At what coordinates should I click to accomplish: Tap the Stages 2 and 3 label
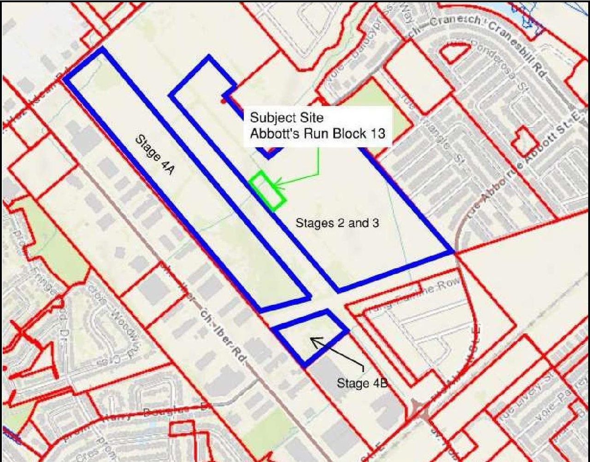(337, 223)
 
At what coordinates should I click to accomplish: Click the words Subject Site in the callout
(287, 117)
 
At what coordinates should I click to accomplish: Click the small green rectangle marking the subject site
(267, 191)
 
